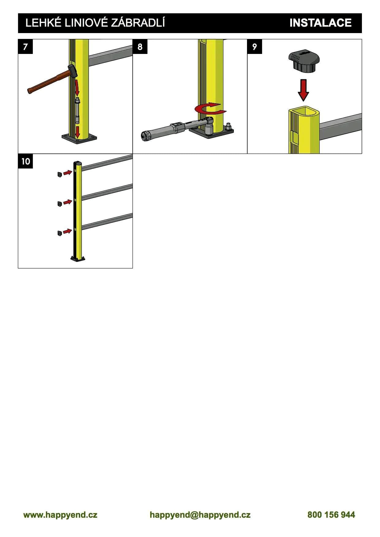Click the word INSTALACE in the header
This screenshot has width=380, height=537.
pos(320,23)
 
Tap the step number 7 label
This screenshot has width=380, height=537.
pos(25,47)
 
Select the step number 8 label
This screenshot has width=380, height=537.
pos(140,47)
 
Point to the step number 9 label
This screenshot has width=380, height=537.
pos(255,47)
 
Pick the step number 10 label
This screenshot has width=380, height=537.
pos(25,161)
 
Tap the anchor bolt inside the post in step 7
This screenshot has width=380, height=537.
pos(77,111)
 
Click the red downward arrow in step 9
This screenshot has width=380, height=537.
pos(303,90)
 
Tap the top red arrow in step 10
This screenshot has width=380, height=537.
pos(67,173)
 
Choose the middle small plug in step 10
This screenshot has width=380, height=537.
pos(59,204)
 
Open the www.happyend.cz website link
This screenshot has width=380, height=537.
pos(60,515)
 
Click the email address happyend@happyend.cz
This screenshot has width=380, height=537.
pos(200,515)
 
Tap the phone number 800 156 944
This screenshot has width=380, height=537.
pos(331,515)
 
